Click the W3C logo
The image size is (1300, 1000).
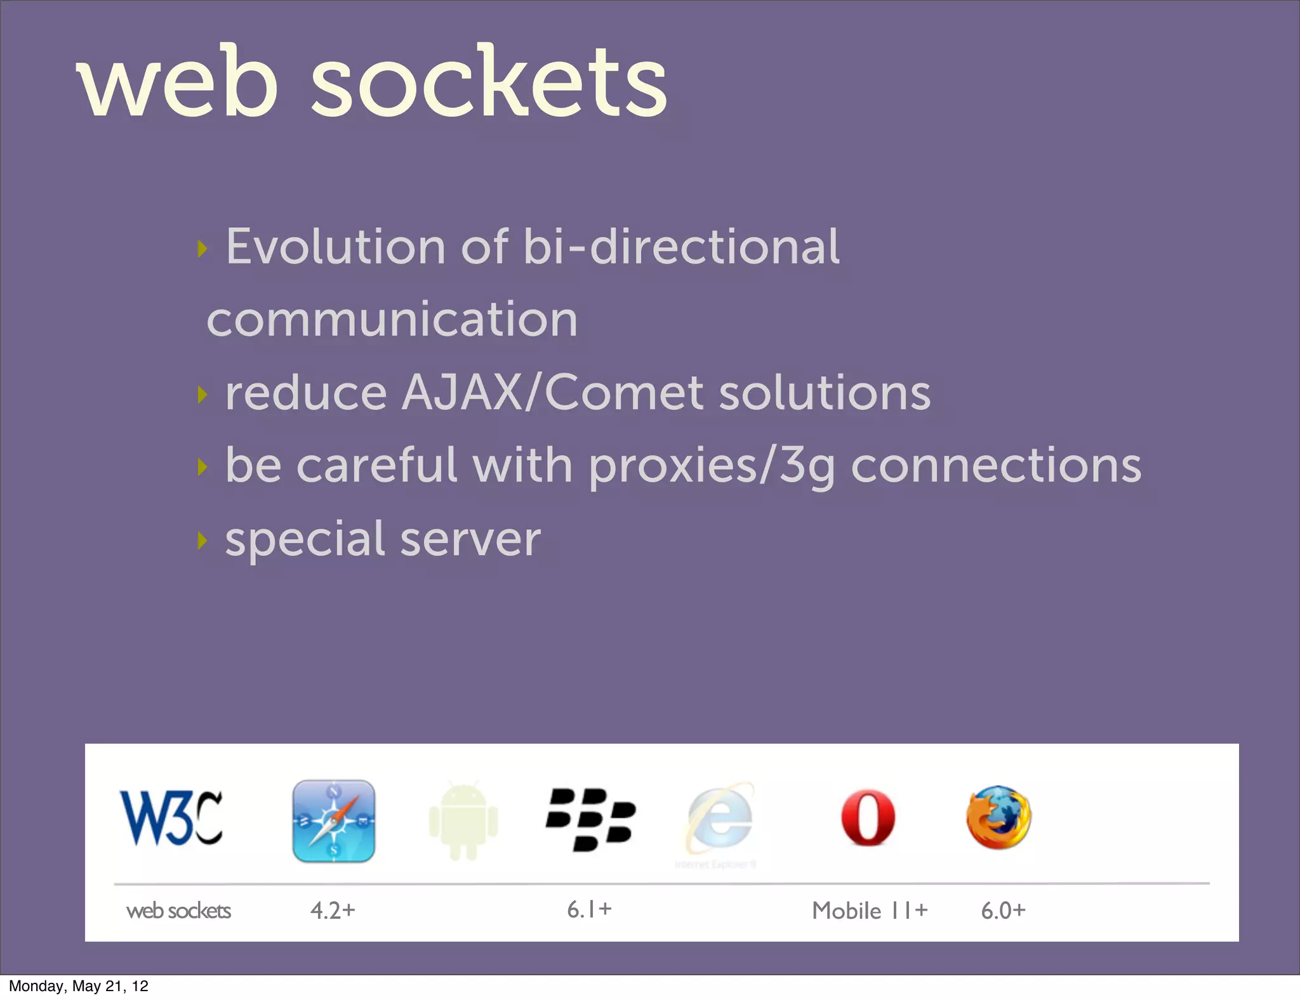point(171,818)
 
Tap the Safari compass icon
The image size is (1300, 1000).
point(333,820)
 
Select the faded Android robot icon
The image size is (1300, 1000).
point(463,821)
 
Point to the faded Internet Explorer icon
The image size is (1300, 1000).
point(720,820)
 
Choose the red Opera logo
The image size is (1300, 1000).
point(868,818)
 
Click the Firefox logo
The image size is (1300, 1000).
point(998,817)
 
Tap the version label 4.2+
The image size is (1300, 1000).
point(333,911)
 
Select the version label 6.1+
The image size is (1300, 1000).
point(589,909)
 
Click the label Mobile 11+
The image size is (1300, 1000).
point(870,911)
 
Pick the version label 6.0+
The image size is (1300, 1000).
point(1003,911)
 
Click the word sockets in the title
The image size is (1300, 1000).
point(489,82)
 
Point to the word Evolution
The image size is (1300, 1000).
point(335,247)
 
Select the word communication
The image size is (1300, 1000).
point(392,319)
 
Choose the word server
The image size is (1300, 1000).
point(470,540)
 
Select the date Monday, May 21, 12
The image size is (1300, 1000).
point(79,986)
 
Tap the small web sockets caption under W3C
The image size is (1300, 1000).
point(178,911)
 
